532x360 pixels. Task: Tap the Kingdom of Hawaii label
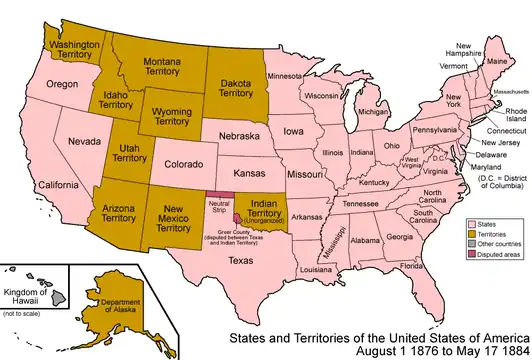coord(33,276)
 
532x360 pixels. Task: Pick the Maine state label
coord(498,61)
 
